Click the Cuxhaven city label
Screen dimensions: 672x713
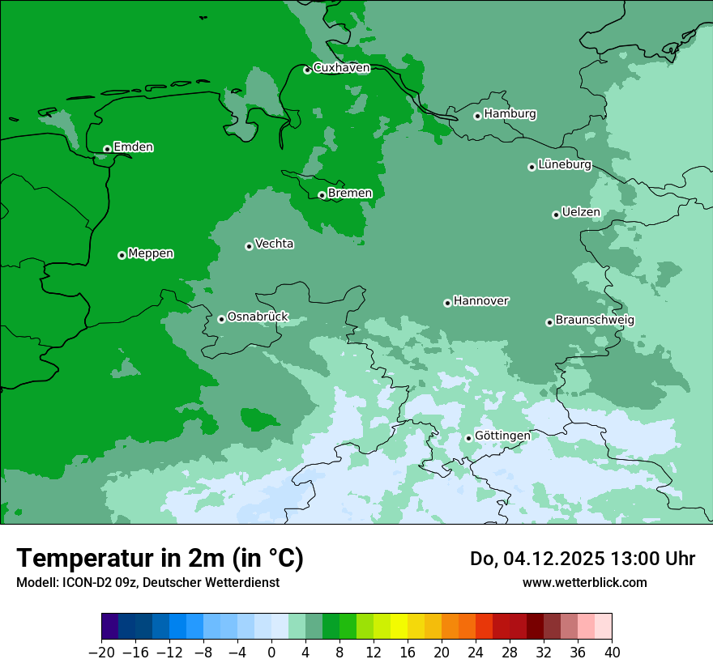(x=341, y=68)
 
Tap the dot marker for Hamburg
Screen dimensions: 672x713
(x=477, y=116)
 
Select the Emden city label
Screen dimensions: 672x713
(x=133, y=147)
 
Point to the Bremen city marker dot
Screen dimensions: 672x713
(x=322, y=195)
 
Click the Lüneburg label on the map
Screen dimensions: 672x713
(x=564, y=165)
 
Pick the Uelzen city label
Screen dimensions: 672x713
(x=581, y=213)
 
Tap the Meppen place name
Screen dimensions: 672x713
(x=151, y=253)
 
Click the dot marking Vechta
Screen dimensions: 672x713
(x=249, y=246)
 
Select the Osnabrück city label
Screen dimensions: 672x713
(x=258, y=317)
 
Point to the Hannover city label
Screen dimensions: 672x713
(x=480, y=301)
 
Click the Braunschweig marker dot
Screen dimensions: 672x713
(x=549, y=322)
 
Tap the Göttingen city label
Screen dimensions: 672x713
(x=502, y=436)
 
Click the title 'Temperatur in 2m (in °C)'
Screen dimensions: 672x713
(x=160, y=558)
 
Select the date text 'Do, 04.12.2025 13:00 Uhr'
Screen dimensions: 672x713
(x=583, y=559)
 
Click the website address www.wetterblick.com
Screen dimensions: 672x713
(x=584, y=582)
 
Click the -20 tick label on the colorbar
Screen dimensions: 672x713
(x=101, y=653)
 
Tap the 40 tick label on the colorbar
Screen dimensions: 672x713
(x=612, y=653)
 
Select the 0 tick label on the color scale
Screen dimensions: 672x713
(x=271, y=653)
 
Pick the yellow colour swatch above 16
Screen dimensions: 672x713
(x=399, y=626)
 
